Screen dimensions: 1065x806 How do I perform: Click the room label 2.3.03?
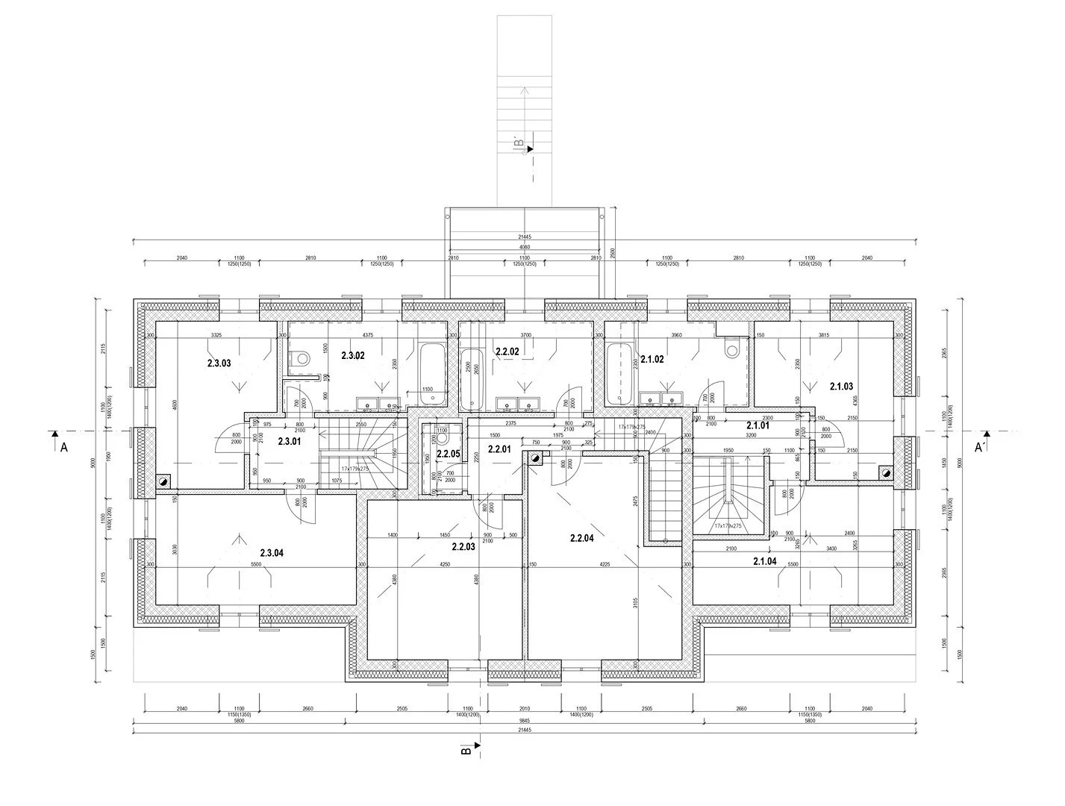(x=219, y=363)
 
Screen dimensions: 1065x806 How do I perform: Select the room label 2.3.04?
(x=272, y=553)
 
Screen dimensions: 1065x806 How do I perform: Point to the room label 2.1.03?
(x=841, y=386)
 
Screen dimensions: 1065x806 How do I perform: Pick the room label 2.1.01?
(x=758, y=425)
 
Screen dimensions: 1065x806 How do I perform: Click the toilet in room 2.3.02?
(x=302, y=358)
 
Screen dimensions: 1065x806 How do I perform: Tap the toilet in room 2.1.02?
(x=732, y=347)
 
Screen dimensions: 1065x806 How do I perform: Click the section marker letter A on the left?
(x=64, y=447)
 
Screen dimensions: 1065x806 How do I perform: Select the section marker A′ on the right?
(x=981, y=447)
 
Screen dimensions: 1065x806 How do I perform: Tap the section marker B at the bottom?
(x=466, y=750)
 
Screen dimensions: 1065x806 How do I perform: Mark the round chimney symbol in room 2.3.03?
(x=163, y=482)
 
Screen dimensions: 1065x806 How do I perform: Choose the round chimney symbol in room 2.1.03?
(x=886, y=472)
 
